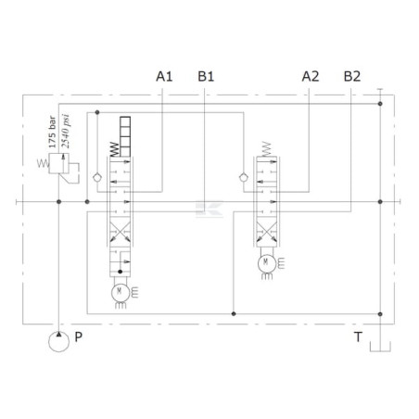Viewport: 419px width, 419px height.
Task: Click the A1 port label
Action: click(x=164, y=76)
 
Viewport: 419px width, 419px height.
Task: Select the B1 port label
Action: click(x=206, y=76)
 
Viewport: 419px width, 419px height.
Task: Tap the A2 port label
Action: click(x=311, y=76)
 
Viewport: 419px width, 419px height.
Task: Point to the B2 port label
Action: click(x=352, y=76)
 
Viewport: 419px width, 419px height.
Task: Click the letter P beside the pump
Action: click(x=79, y=336)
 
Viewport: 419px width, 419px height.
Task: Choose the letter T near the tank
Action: click(x=358, y=336)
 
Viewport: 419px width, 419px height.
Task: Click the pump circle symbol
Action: click(x=58, y=342)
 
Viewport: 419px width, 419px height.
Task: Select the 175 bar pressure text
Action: click(x=53, y=132)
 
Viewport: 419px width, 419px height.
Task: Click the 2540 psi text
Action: click(x=66, y=132)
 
